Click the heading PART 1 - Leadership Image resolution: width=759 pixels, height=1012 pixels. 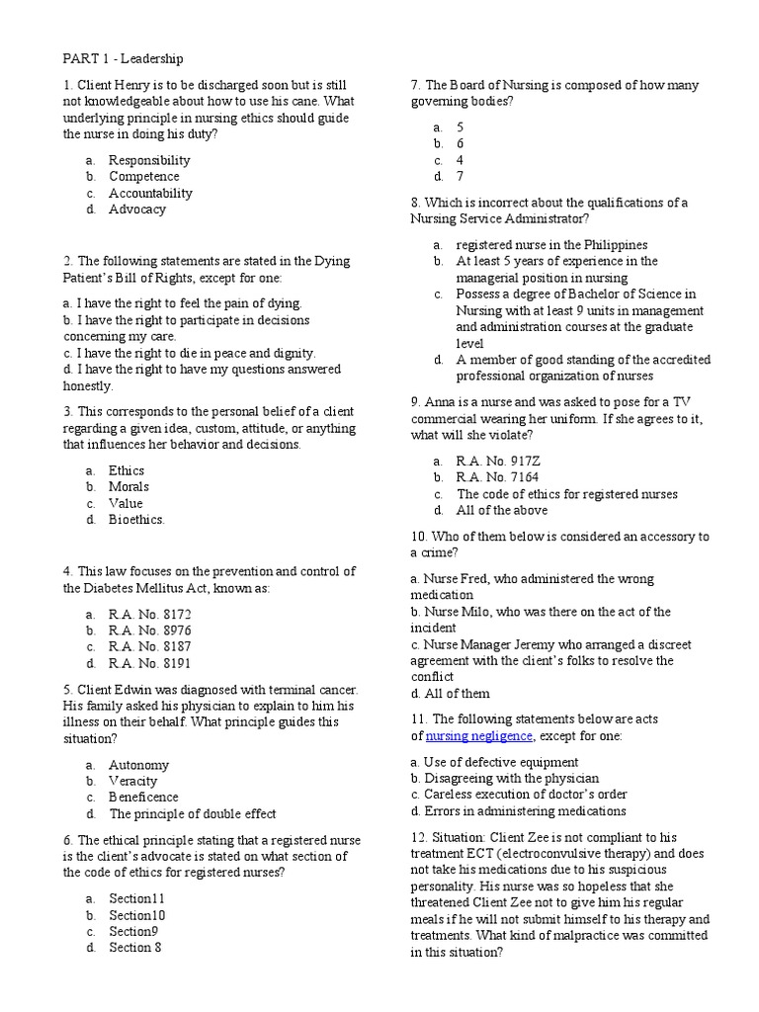[x=124, y=59]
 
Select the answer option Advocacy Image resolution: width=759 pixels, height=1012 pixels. [x=136, y=210]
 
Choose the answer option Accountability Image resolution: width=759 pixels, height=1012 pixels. [x=150, y=193]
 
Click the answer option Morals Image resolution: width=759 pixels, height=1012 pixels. [x=128, y=486]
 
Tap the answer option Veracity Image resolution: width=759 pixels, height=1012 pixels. [x=132, y=781]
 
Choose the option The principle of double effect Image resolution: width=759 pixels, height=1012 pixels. [x=192, y=813]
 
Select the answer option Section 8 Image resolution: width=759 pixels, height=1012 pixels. [x=134, y=948]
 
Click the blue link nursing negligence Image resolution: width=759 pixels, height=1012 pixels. [x=478, y=736]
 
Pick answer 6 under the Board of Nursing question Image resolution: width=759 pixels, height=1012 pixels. [x=460, y=143]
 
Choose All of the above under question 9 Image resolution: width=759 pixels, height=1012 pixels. [x=501, y=510]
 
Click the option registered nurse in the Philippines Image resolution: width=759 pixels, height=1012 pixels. [x=551, y=244]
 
